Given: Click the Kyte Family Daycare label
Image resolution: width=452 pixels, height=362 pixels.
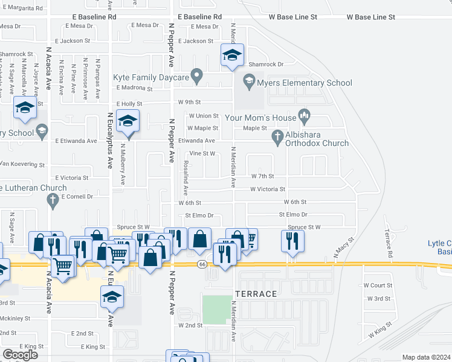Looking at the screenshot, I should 151,77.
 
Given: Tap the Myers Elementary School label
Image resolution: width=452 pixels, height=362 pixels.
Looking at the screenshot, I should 305,83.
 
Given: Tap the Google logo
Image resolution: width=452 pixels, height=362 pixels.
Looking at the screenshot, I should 20,355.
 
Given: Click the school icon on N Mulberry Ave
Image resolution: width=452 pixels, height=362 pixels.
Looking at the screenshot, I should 128,121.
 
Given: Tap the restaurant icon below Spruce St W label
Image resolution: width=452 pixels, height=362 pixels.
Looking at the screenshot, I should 292,241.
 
